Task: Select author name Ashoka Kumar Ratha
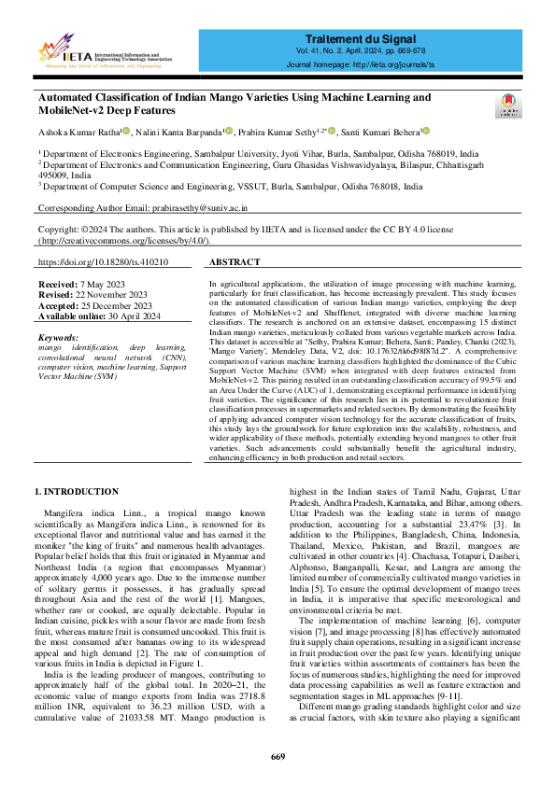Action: [77, 133]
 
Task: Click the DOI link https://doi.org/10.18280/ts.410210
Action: [104, 263]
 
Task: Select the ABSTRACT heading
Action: [242, 263]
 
